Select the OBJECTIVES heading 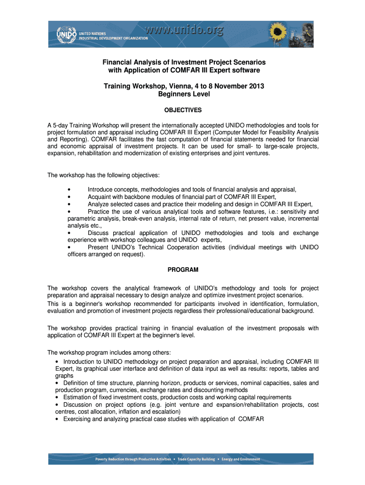point(183,110)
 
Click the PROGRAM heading point(183,270)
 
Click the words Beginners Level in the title point(183,94)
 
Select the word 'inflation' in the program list point(122,412)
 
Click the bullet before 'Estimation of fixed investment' point(57,397)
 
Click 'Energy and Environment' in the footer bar point(239,459)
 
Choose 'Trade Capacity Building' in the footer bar point(196,459)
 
